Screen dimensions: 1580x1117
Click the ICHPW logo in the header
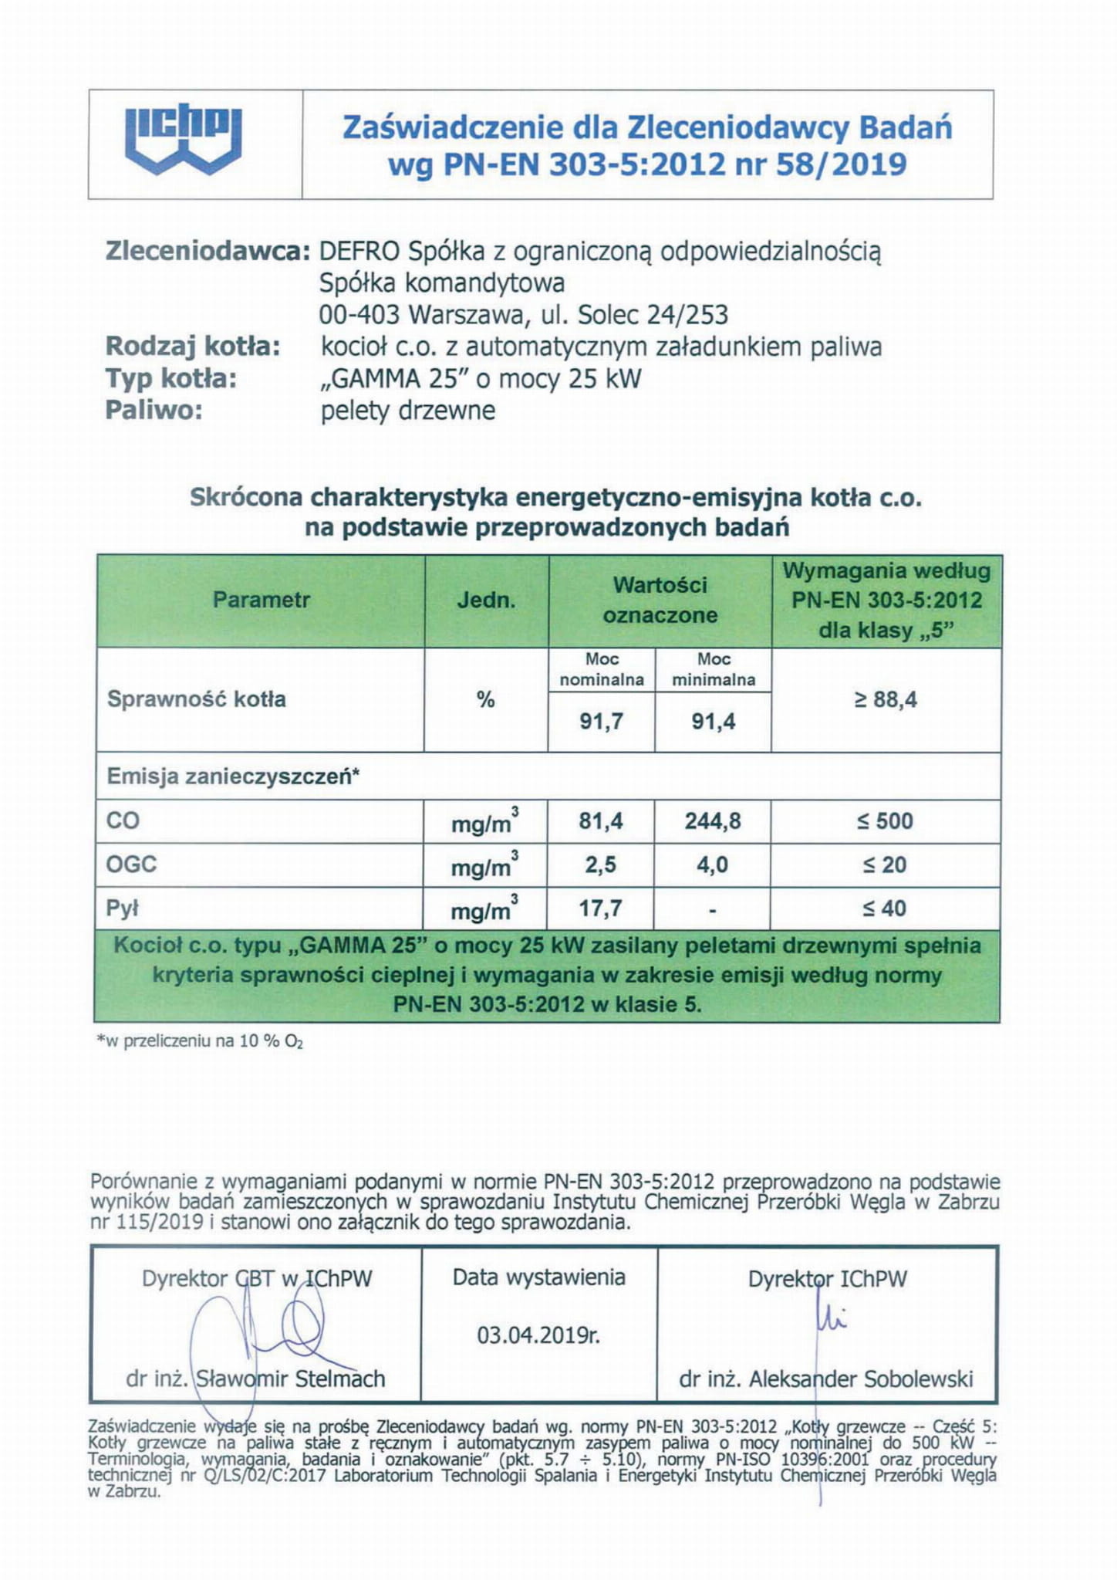pyautogui.click(x=184, y=140)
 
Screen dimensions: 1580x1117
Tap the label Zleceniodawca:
pyautogui.click(x=208, y=252)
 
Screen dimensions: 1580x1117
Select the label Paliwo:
pyautogui.click(x=154, y=410)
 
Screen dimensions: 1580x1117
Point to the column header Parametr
pyautogui.click(x=262, y=600)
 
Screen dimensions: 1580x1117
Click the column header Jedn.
pyautogui.click(x=486, y=601)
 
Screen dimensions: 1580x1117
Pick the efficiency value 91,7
pyautogui.click(x=601, y=722)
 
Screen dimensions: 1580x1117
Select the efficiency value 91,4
pyautogui.click(x=714, y=722)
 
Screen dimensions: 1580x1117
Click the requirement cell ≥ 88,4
pyautogui.click(x=886, y=700)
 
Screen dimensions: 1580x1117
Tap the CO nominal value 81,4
pyautogui.click(x=601, y=821)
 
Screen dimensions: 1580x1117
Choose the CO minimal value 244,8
pyautogui.click(x=713, y=821)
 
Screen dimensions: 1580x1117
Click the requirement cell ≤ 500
pyautogui.click(x=886, y=821)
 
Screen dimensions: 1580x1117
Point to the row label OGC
pyautogui.click(x=131, y=864)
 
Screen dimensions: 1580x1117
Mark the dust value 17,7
pyautogui.click(x=601, y=908)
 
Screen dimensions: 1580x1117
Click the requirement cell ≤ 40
pyautogui.click(x=886, y=908)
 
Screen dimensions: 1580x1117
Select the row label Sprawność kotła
pyautogui.click(x=197, y=699)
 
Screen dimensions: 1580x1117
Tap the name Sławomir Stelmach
pyautogui.click(x=290, y=1379)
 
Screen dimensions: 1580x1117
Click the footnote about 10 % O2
pyautogui.click(x=200, y=1041)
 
